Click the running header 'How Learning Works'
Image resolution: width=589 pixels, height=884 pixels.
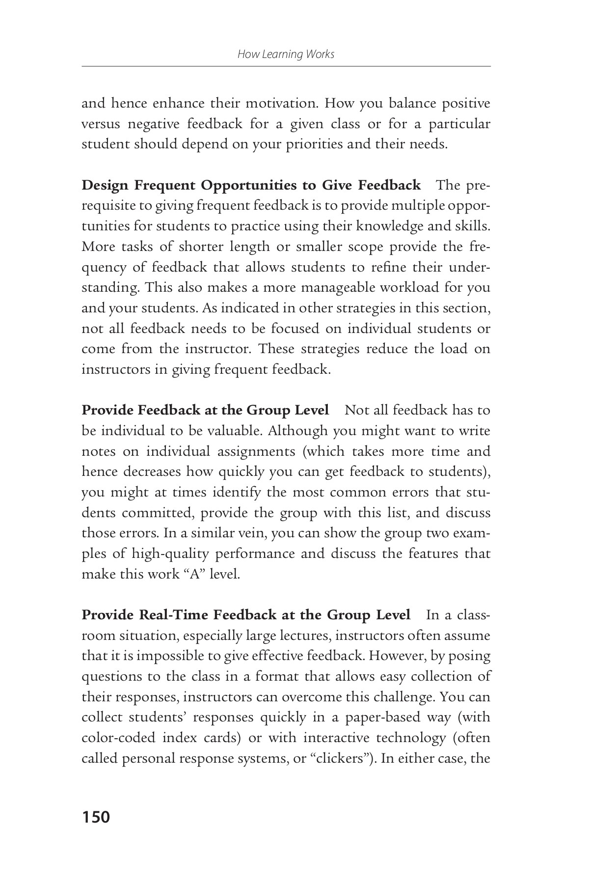click(x=286, y=54)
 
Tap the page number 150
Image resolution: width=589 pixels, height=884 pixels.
click(x=96, y=817)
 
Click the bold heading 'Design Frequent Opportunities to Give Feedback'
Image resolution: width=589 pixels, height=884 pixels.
click(x=251, y=186)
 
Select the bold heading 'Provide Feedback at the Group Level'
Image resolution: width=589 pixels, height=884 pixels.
click(x=205, y=410)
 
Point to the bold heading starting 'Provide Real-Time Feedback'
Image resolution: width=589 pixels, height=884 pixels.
click(x=245, y=615)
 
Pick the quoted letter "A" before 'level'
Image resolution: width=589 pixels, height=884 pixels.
click(x=196, y=574)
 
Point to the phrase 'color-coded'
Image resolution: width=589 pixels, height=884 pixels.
click(x=115, y=738)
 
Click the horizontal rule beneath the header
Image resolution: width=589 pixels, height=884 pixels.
click(x=286, y=66)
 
